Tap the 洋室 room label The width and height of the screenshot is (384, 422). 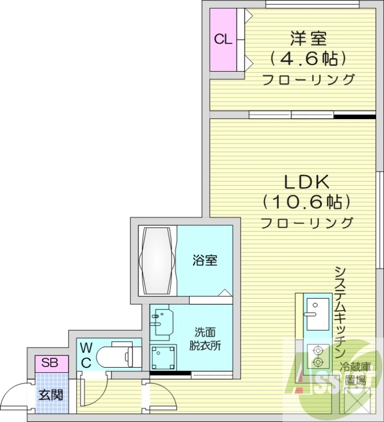(308, 39)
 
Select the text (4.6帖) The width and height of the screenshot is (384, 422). (308, 59)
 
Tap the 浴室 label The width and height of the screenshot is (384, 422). (204, 260)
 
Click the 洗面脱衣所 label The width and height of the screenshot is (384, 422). (205, 340)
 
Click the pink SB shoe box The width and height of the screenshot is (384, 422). (50, 363)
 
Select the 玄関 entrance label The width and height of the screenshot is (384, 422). (50, 395)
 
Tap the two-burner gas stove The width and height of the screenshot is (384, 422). (317, 355)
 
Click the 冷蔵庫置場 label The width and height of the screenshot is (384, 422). (352, 374)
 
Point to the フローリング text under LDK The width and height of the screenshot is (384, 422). (307, 223)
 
